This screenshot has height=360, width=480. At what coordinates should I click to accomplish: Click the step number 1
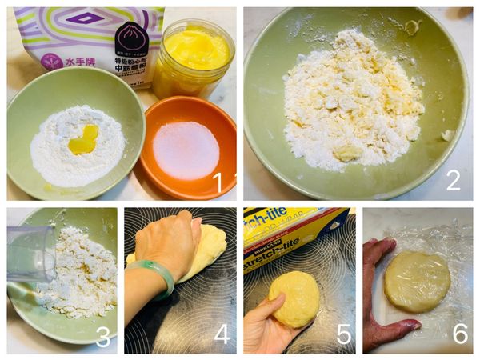(x=218, y=182)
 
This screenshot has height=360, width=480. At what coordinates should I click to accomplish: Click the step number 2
(x=453, y=181)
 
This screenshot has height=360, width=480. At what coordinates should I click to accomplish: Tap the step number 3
(x=102, y=337)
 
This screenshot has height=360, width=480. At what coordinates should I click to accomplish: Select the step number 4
(x=222, y=334)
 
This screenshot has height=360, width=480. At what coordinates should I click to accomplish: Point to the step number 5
(x=343, y=334)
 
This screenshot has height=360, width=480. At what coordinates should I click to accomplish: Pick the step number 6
(x=460, y=334)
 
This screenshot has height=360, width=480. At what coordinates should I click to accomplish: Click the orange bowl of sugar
(x=187, y=149)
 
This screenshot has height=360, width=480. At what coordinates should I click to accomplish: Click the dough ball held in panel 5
(x=294, y=298)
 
